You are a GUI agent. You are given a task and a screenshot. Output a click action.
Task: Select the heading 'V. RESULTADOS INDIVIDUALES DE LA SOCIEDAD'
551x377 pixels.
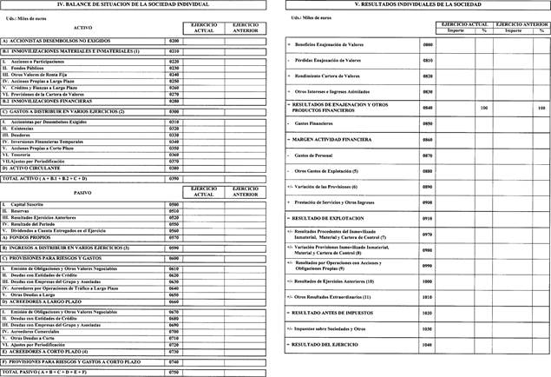(417, 5)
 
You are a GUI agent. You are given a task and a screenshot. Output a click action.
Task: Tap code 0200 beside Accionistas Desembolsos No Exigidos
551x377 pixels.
(174, 41)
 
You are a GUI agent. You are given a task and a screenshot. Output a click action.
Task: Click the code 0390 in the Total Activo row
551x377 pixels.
(174, 177)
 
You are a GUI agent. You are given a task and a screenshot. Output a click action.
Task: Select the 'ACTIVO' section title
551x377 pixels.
(83, 28)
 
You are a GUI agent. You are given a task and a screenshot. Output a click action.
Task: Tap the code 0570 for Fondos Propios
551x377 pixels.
(174, 237)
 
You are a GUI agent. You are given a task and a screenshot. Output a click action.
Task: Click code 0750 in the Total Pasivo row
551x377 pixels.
(174, 371)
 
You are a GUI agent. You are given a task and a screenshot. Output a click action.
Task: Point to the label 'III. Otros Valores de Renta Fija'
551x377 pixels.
(43, 75)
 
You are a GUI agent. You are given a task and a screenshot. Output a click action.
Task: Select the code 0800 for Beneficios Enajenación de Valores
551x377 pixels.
(428, 43)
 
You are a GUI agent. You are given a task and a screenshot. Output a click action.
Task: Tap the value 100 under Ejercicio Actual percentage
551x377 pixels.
(483, 108)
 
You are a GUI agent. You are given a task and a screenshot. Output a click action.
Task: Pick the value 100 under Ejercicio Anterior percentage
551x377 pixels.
(541, 108)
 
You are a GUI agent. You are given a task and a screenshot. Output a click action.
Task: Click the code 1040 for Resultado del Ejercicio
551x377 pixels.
(428, 346)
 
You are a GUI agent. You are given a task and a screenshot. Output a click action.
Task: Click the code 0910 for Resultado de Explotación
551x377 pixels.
(428, 218)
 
